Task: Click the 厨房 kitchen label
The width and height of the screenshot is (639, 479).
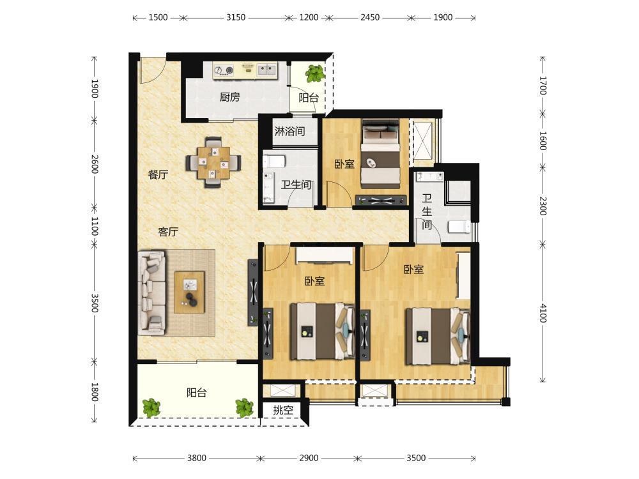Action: [230, 97]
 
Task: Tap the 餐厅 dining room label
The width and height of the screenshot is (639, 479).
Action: [158, 175]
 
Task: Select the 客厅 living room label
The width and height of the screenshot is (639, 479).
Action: [168, 232]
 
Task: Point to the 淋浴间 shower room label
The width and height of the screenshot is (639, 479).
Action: [289, 131]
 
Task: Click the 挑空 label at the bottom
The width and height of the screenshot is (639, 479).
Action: [283, 410]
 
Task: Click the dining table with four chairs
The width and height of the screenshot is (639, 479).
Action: [213, 162]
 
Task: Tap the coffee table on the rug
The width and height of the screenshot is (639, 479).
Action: [190, 292]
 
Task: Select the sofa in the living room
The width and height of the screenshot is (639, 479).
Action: [151, 293]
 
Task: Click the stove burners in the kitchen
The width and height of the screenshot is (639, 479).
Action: [223, 71]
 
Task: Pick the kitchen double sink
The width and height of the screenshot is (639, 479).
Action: [266, 70]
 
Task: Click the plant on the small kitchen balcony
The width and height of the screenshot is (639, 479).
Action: [315, 73]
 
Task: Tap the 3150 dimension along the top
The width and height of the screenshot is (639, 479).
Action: [236, 17]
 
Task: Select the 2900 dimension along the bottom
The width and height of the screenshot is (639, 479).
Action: [309, 458]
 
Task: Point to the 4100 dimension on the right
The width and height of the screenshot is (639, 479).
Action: [543, 313]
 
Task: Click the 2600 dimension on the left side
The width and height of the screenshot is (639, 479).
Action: [95, 163]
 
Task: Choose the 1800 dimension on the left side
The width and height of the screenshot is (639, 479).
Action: [95, 392]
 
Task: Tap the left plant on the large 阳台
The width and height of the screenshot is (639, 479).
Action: [151, 407]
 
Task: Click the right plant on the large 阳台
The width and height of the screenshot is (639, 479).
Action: [245, 407]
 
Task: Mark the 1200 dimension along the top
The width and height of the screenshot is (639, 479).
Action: [309, 17]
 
